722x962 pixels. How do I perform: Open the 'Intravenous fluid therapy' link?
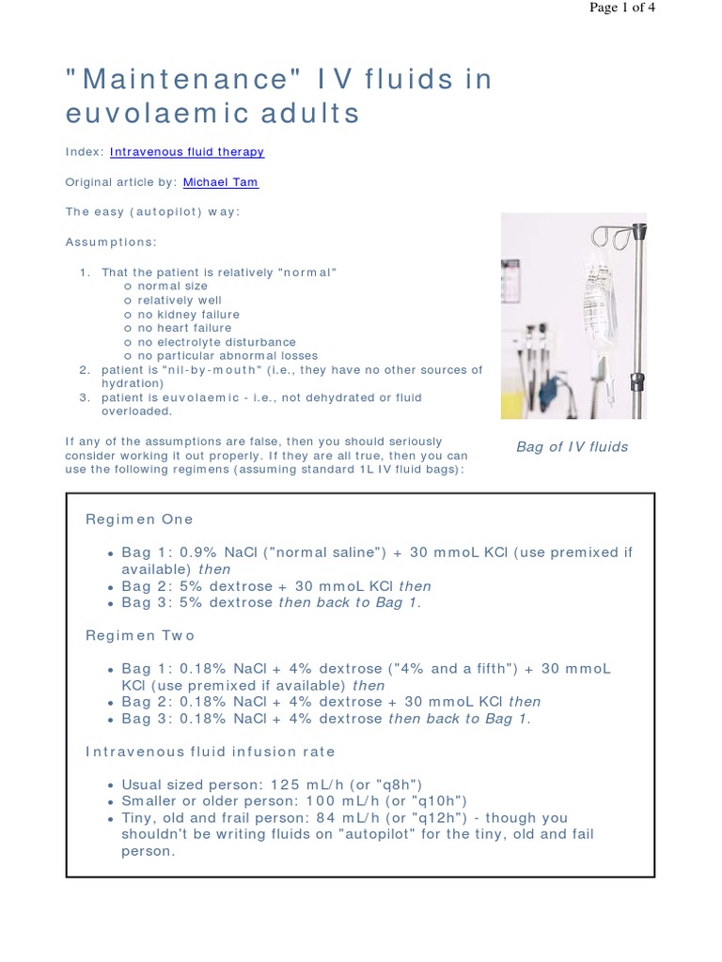tap(187, 151)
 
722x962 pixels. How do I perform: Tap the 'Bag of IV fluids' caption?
tap(572, 447)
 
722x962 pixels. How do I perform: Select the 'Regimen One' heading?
tap(139, 520)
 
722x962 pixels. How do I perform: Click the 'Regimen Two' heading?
tap(140, 636)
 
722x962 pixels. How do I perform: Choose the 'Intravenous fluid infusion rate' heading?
tap(211, 753)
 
